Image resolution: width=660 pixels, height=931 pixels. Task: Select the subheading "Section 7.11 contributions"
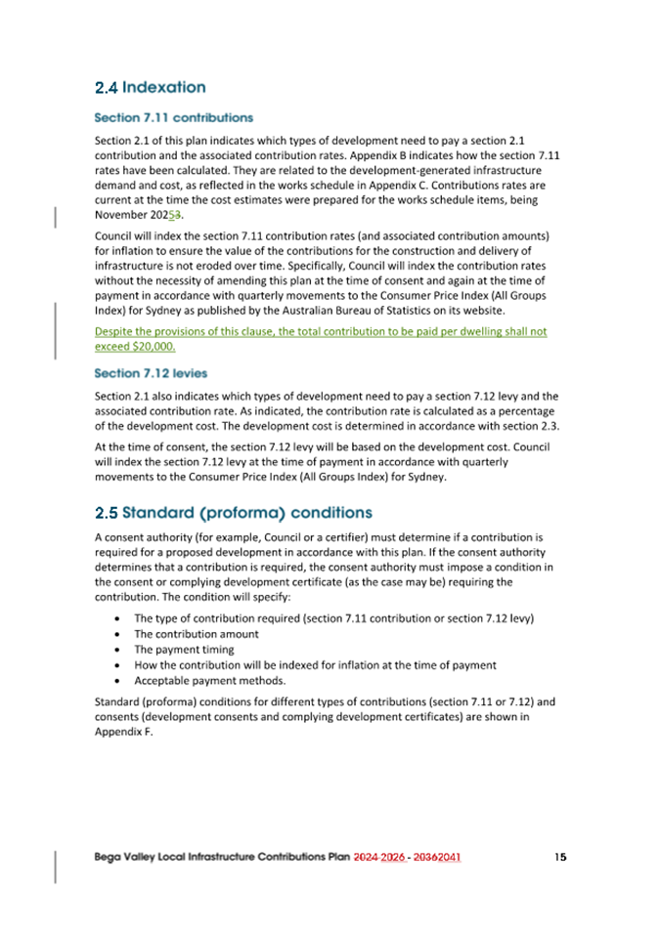pos(173,117)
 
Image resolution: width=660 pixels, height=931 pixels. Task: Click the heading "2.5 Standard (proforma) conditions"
pos(233,512)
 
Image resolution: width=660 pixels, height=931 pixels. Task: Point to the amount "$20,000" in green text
pos(153,347)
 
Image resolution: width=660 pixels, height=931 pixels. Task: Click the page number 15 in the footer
pos(559,857)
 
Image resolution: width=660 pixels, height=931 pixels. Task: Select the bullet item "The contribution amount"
pos(196,633)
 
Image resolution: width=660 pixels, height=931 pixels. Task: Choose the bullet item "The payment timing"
pos(184,649)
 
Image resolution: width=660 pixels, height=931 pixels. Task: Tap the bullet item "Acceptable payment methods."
pos(209,680)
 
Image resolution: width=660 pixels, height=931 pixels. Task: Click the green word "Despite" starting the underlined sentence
pos(114,332)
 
